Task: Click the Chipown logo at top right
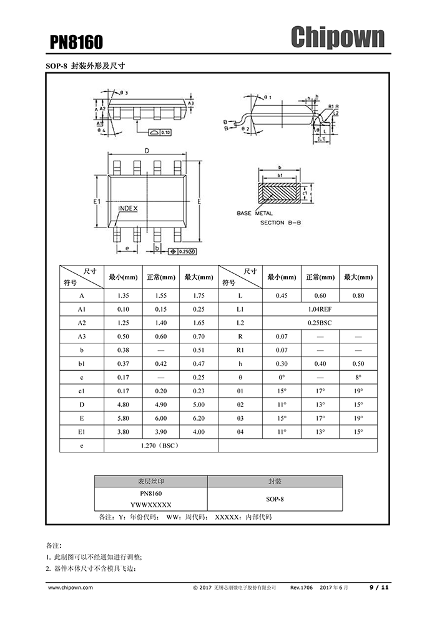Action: coord(337,38)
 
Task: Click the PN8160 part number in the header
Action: coord(76,42)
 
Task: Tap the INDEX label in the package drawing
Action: coord(127,208)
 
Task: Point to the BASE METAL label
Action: coord(254,213)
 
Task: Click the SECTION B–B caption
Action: coord(280,222)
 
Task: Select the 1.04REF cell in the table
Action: coord(319,309)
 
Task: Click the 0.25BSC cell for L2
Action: coord(319,322)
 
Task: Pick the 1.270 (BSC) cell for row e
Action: coord(160,446)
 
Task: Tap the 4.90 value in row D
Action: coord(160,404)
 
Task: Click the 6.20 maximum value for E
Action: coord(199,418)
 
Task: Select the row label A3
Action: coord(82,337)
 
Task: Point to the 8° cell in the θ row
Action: coord(358,377)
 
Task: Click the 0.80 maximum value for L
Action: coord(358,295)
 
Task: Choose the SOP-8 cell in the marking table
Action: coord(275,499)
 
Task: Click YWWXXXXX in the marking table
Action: coord(150,505)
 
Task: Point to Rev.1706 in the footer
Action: coord(302,587)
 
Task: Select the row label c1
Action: coord(82,391)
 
